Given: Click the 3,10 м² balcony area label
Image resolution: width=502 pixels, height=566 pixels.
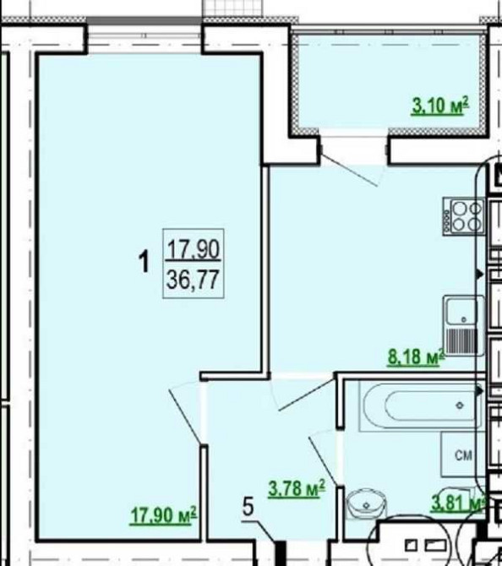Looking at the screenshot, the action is pyautogui.click(x=439, y=106).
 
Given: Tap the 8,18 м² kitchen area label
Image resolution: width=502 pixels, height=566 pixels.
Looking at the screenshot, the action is pyautogui.click(x=415, y=356).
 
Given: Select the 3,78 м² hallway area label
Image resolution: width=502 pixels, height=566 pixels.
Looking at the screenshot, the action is pyautogui.click(x=297, y=489).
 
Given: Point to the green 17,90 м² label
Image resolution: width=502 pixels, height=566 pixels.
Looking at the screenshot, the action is pyautogui.click(x=163, y=514).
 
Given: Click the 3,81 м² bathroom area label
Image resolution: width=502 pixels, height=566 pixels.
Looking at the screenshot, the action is pyautogui.click(x=457, y=503).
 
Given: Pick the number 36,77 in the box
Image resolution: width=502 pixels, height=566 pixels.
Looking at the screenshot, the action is pyautogui.click(x=194, y=280).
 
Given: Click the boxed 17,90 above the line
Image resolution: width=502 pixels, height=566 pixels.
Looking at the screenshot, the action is pyautogui.click(x=194, y=248).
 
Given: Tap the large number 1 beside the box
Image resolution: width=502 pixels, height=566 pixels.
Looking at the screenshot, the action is pyautogui.click(x=145, y=262).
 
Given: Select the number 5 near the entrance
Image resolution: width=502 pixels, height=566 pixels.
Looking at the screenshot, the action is pyautogui.click(x=248, y=506).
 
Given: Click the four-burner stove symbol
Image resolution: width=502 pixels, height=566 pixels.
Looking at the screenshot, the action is pyautogui.click(x=463, y=216).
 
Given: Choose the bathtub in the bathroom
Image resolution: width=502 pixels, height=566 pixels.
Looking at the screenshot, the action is pyautogui.click(x=420, y=405).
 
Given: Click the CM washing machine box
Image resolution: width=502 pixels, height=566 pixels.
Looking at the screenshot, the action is pyautogui.click(x=462, y=454).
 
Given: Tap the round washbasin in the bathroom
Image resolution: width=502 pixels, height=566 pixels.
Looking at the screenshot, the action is pyautogui.click(x=366, y=503).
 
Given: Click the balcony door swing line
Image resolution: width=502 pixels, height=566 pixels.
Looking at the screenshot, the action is pyautogui.click(x=349, y=170).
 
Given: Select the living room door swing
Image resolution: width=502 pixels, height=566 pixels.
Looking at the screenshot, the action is pyautogui.click(x=185, y=416).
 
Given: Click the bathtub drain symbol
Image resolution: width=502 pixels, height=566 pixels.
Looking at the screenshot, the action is pyautogui.click(x=460, y=405).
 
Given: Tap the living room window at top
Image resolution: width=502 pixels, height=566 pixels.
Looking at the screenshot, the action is pyautogui.click(x=145, y=35).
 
